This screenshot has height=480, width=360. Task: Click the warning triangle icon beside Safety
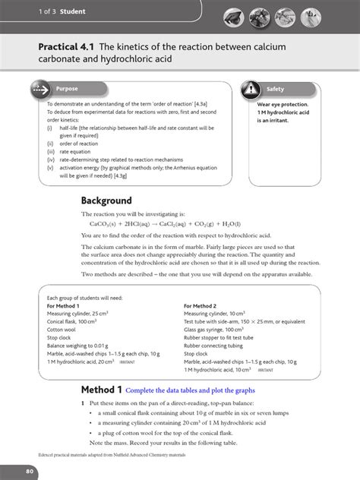pos(251,89)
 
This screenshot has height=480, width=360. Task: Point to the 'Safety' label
pos(275,89)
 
